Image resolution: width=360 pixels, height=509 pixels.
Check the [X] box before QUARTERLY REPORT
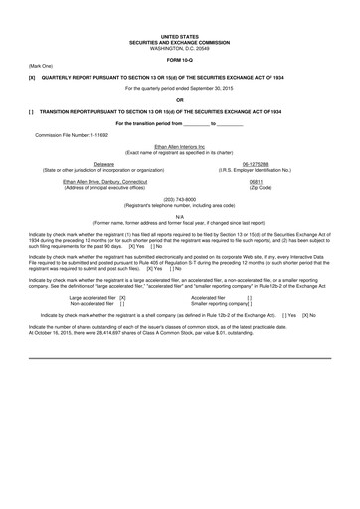click(33, 77)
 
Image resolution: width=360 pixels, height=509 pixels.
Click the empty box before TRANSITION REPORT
click(33, 112)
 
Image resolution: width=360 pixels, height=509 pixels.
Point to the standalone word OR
click(179, 99)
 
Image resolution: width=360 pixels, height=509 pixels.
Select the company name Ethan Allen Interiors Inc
click(180, 145)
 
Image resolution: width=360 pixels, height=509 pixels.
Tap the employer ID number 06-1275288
click(258, 162)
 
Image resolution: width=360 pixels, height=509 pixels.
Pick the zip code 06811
click(256, 182)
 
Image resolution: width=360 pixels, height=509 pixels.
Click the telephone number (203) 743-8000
click(180, 199)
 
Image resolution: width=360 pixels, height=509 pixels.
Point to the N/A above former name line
click(179, 216)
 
